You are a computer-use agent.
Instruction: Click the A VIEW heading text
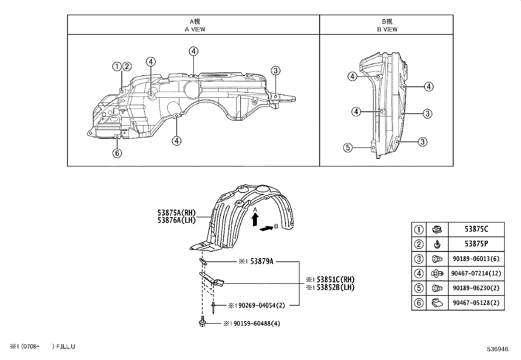195,29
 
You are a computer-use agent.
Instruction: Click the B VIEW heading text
387,29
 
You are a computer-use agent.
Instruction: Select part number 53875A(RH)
177,214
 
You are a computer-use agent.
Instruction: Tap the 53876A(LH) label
177,220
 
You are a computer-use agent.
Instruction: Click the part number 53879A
261,261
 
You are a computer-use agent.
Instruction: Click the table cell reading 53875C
476,229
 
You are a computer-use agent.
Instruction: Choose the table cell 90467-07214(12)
476,274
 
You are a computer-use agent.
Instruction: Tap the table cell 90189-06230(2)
476,288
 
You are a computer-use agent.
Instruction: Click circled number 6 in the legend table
419,303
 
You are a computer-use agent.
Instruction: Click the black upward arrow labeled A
255,219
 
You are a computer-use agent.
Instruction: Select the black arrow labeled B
266,229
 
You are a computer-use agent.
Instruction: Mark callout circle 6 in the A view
117,153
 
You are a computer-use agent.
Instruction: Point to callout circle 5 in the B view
348,148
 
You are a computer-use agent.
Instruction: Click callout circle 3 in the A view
276,70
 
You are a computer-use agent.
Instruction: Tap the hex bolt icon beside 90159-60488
202,322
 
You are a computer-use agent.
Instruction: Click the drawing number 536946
497,350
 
